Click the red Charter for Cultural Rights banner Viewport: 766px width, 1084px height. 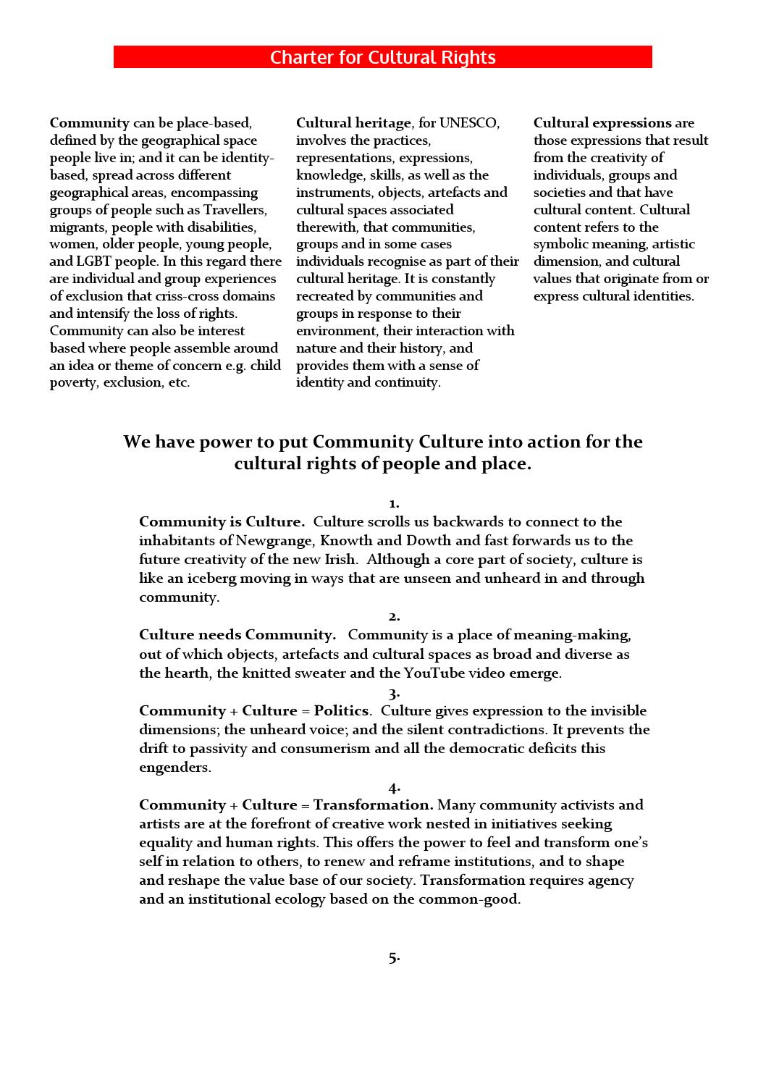382,57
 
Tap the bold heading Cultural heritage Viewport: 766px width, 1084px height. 353,123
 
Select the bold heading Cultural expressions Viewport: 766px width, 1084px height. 602,123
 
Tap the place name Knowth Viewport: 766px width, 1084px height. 346,541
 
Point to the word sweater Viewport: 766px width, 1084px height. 342,673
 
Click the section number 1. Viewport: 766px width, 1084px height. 393,503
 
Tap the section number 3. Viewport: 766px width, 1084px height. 394,693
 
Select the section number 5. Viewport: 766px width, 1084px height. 394,958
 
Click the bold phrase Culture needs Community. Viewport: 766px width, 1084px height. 237,635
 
